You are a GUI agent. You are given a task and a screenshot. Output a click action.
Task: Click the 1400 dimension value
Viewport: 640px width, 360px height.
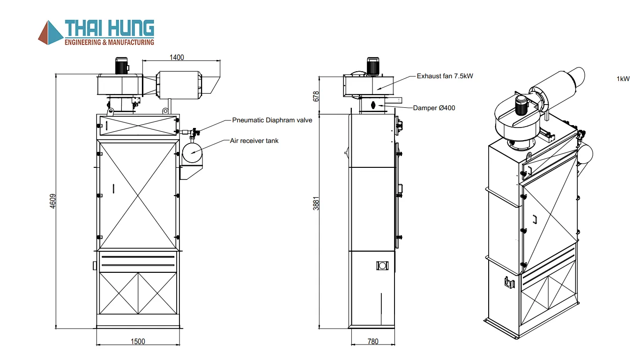(177, 58)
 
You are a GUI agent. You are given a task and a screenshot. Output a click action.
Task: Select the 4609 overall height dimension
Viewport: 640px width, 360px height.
(53, 201)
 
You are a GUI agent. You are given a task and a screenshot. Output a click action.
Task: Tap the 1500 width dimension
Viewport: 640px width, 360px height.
(138, 341)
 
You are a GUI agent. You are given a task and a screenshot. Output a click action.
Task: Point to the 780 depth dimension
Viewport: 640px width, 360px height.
(373, 341)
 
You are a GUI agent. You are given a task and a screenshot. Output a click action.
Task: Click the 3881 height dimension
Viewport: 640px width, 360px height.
(316, 203)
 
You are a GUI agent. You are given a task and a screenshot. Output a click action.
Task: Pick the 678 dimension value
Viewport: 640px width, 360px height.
(316, 96)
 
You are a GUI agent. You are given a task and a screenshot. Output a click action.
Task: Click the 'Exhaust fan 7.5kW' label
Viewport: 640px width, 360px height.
(445, 76)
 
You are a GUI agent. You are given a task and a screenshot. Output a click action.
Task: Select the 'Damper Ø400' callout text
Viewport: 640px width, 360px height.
(434, 108)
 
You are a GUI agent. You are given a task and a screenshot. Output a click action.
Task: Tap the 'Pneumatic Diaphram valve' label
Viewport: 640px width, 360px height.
(272, 120)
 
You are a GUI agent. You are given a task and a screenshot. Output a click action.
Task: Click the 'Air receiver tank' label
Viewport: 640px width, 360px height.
(254, 141)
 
